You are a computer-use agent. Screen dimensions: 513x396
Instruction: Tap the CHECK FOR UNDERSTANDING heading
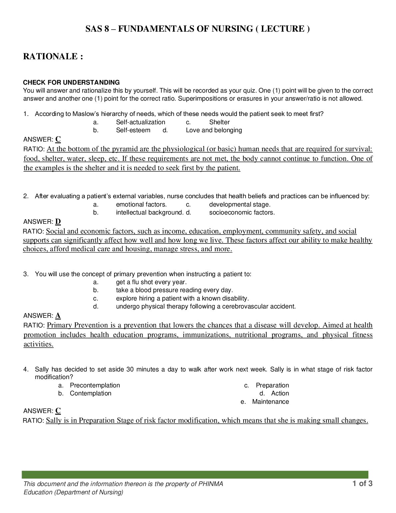tap(71, 82)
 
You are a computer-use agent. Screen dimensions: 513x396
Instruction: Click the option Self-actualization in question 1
tap(140, 122)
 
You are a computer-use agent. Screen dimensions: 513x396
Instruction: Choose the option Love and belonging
tap(214, 130)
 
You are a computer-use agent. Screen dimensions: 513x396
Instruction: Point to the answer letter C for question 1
tap(58, 139)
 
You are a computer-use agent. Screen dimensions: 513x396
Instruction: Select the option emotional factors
tap(141, 205)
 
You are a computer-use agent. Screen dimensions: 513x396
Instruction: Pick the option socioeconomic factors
tap(242, 213)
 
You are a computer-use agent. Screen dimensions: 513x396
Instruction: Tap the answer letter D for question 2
tap(58, 222)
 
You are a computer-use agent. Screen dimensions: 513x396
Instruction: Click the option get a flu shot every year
tap(151, 282)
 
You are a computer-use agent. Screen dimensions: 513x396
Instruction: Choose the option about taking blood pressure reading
tap(174, 290)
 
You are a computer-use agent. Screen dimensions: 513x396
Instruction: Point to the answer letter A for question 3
tap(58, 315)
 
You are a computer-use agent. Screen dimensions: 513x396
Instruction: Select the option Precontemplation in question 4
tap(95, 385)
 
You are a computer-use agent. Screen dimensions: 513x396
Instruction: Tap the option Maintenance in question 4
tap(270, 402)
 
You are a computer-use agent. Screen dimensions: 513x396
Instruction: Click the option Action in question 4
tap(280, 393)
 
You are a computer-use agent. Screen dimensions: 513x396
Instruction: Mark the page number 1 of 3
tap(362, 484)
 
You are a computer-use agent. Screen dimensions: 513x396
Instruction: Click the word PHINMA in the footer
tap(211, 484)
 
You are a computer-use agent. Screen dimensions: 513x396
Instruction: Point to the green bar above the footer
tap(195, 474)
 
